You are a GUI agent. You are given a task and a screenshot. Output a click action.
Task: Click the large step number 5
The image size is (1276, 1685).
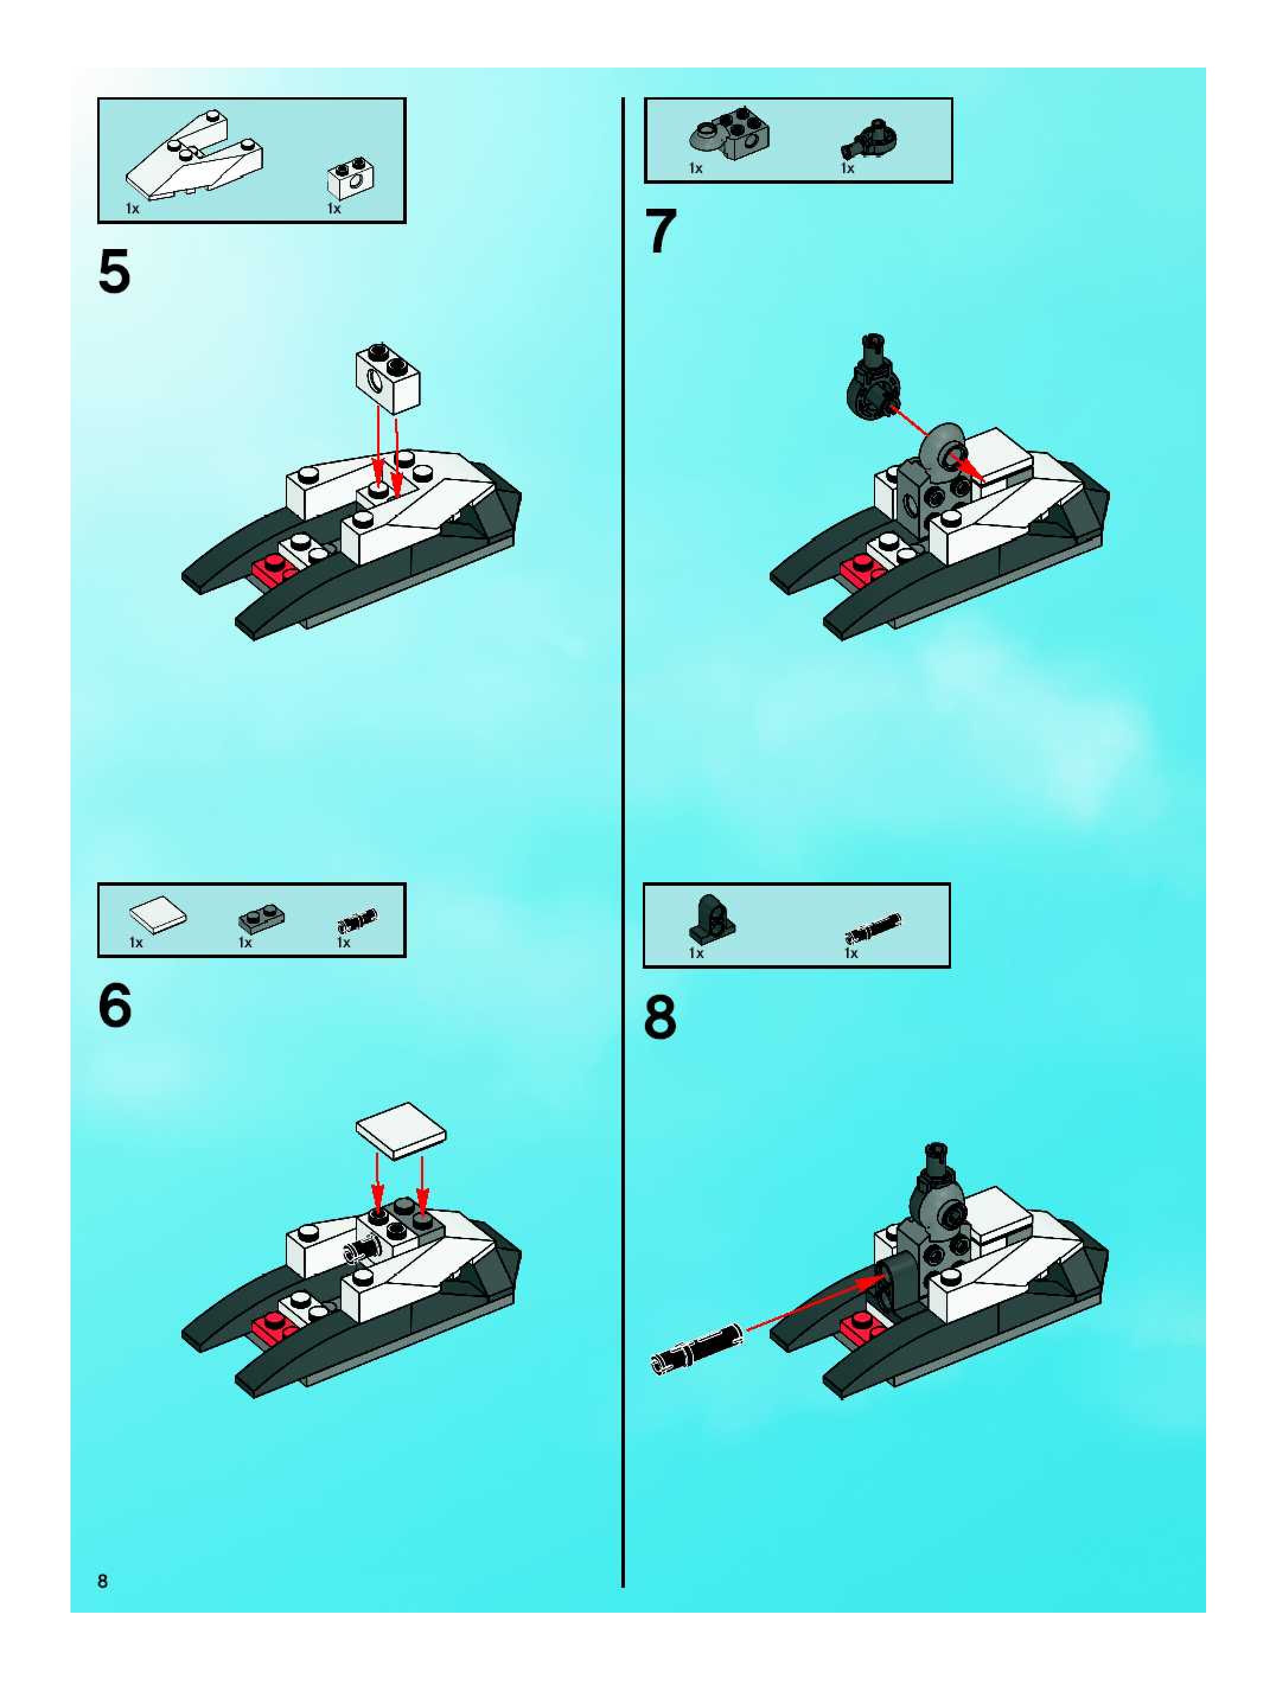click(114, 272)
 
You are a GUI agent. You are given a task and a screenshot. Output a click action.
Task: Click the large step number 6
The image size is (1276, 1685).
click(115, 1006)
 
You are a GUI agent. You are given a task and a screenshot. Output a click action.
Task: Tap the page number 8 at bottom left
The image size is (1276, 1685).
click(103, 1581)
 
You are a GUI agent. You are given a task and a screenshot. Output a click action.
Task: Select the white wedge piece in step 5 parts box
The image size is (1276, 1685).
click(195, 156)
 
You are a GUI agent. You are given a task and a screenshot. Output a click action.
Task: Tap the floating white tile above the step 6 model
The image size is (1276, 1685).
click(401, 1131)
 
